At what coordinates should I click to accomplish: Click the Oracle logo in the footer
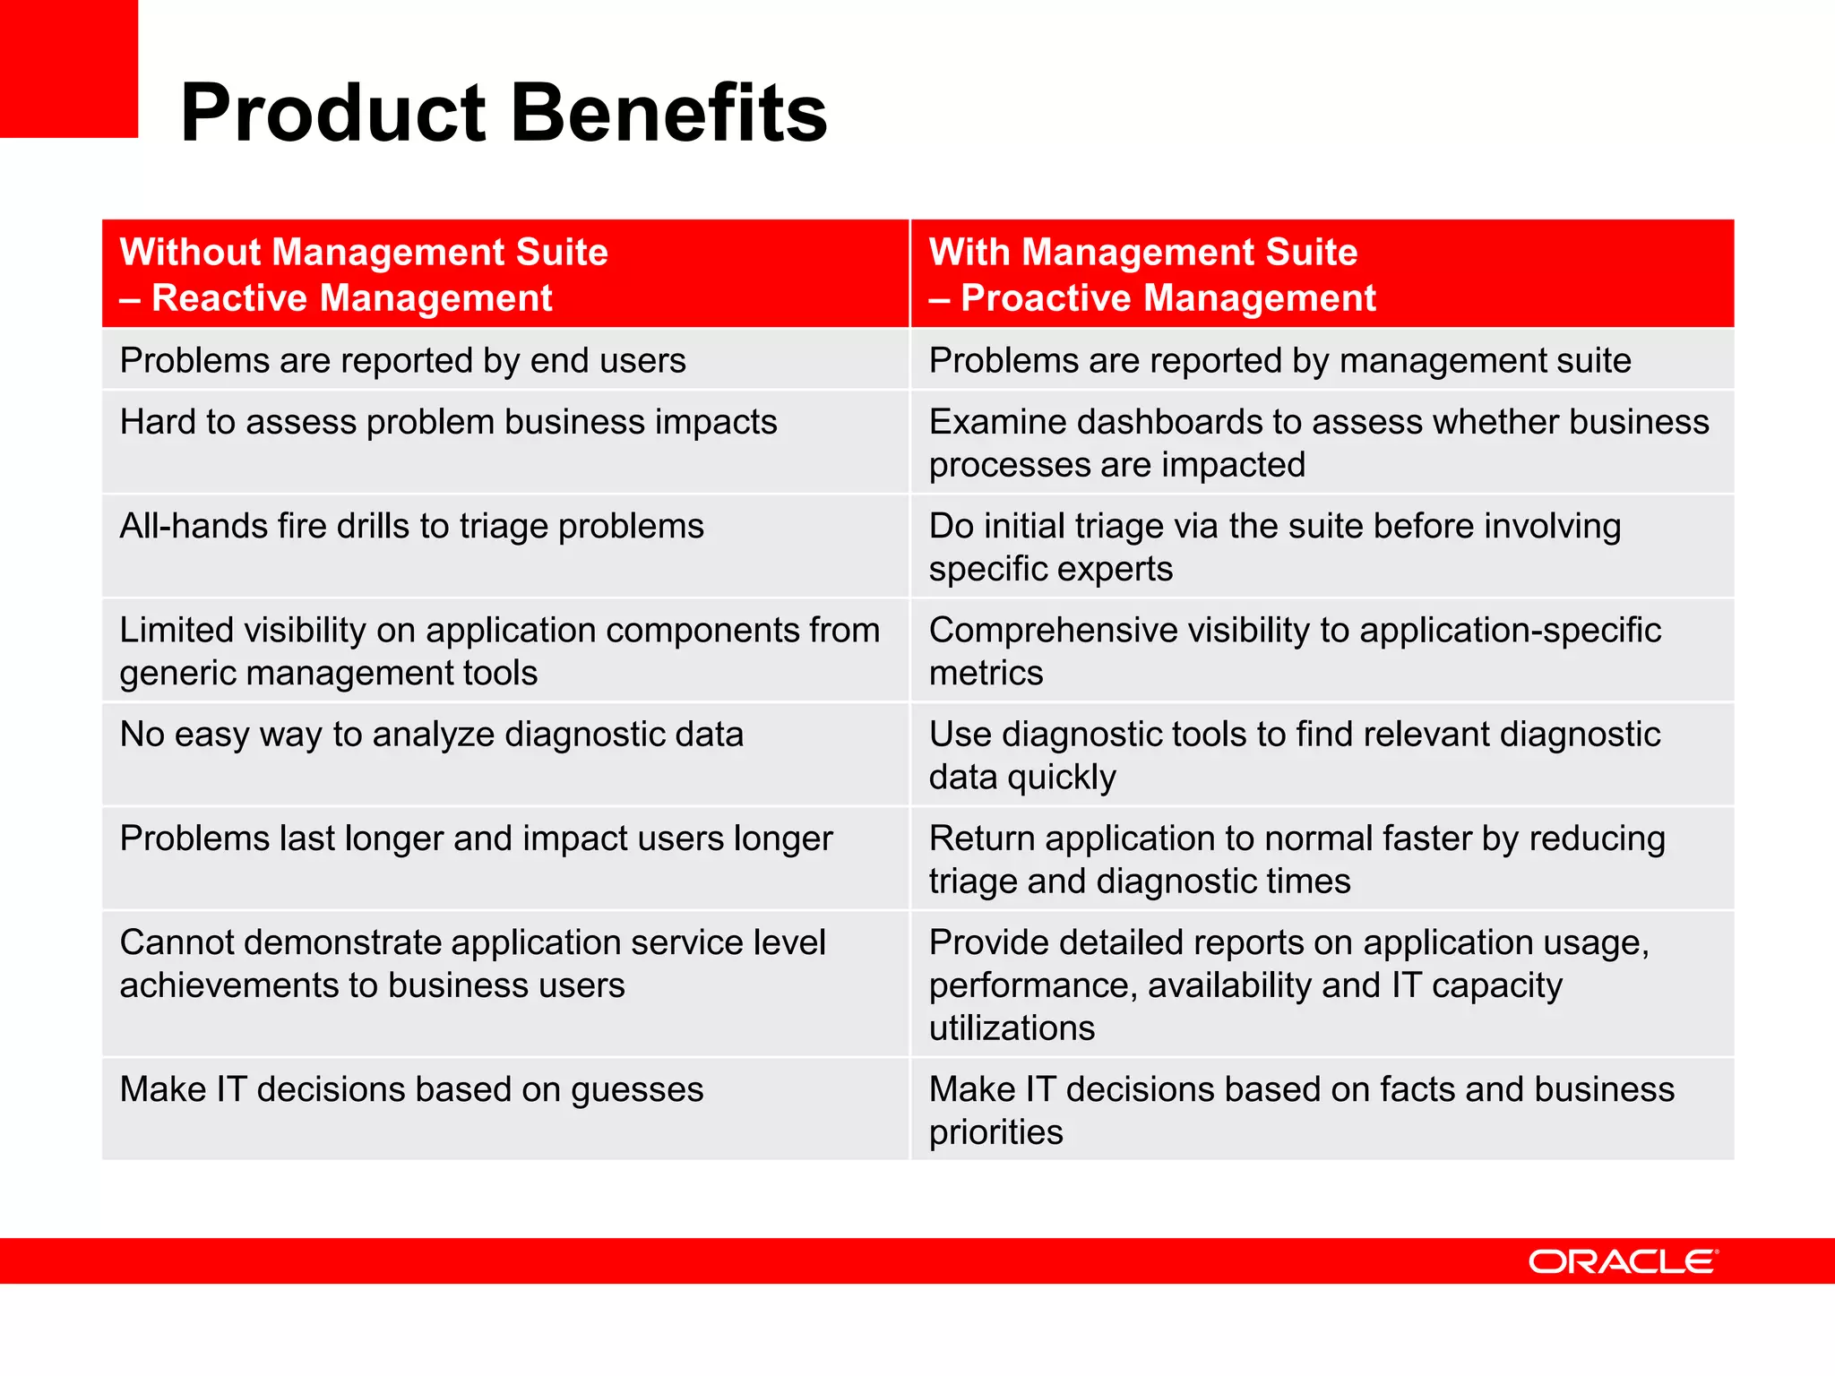click(1622, 1261)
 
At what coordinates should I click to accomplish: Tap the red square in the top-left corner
click(68, 68)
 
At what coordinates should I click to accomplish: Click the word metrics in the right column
click(986, 674)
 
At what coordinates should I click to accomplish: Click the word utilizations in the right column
click(1012, 1028)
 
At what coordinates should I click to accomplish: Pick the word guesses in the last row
click(636, 1090)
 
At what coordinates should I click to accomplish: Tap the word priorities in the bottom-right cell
click(995, 1132)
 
